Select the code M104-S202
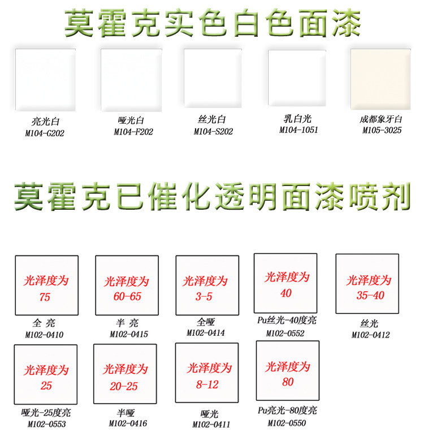213,131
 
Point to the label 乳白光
298,119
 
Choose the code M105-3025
382,130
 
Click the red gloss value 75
45,297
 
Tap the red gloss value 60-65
126,297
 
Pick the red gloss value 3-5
204,296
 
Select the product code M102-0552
285,333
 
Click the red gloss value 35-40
370,295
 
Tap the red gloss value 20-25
124,386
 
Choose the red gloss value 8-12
207,384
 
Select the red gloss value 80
288,382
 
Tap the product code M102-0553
45,423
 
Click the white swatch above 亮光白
46,79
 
